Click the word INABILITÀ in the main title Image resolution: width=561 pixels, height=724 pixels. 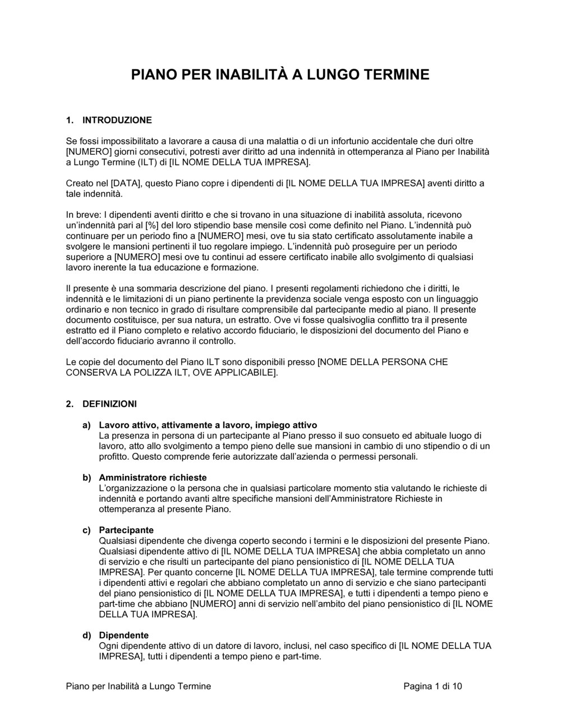point(251,74)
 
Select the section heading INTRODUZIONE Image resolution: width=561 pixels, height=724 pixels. point(117,120)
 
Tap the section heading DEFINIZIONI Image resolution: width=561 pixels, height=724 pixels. point(109,404)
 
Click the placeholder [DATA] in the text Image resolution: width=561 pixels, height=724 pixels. point(126,183)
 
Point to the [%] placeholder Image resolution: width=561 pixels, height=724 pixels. point(151,225)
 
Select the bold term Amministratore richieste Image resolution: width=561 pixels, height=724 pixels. point(153,477)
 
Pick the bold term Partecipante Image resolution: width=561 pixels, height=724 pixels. point(126,530)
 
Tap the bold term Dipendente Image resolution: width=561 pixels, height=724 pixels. point(124,635)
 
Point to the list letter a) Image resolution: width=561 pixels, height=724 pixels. point(87,425)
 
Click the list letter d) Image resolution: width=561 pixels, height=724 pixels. point(87,635)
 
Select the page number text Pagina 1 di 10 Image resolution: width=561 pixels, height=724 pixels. point(433,686)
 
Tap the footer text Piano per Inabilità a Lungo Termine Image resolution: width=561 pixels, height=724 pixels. point(139,686)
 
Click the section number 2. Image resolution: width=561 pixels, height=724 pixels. point(69,404)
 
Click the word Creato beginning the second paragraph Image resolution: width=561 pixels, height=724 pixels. point(80,183)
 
